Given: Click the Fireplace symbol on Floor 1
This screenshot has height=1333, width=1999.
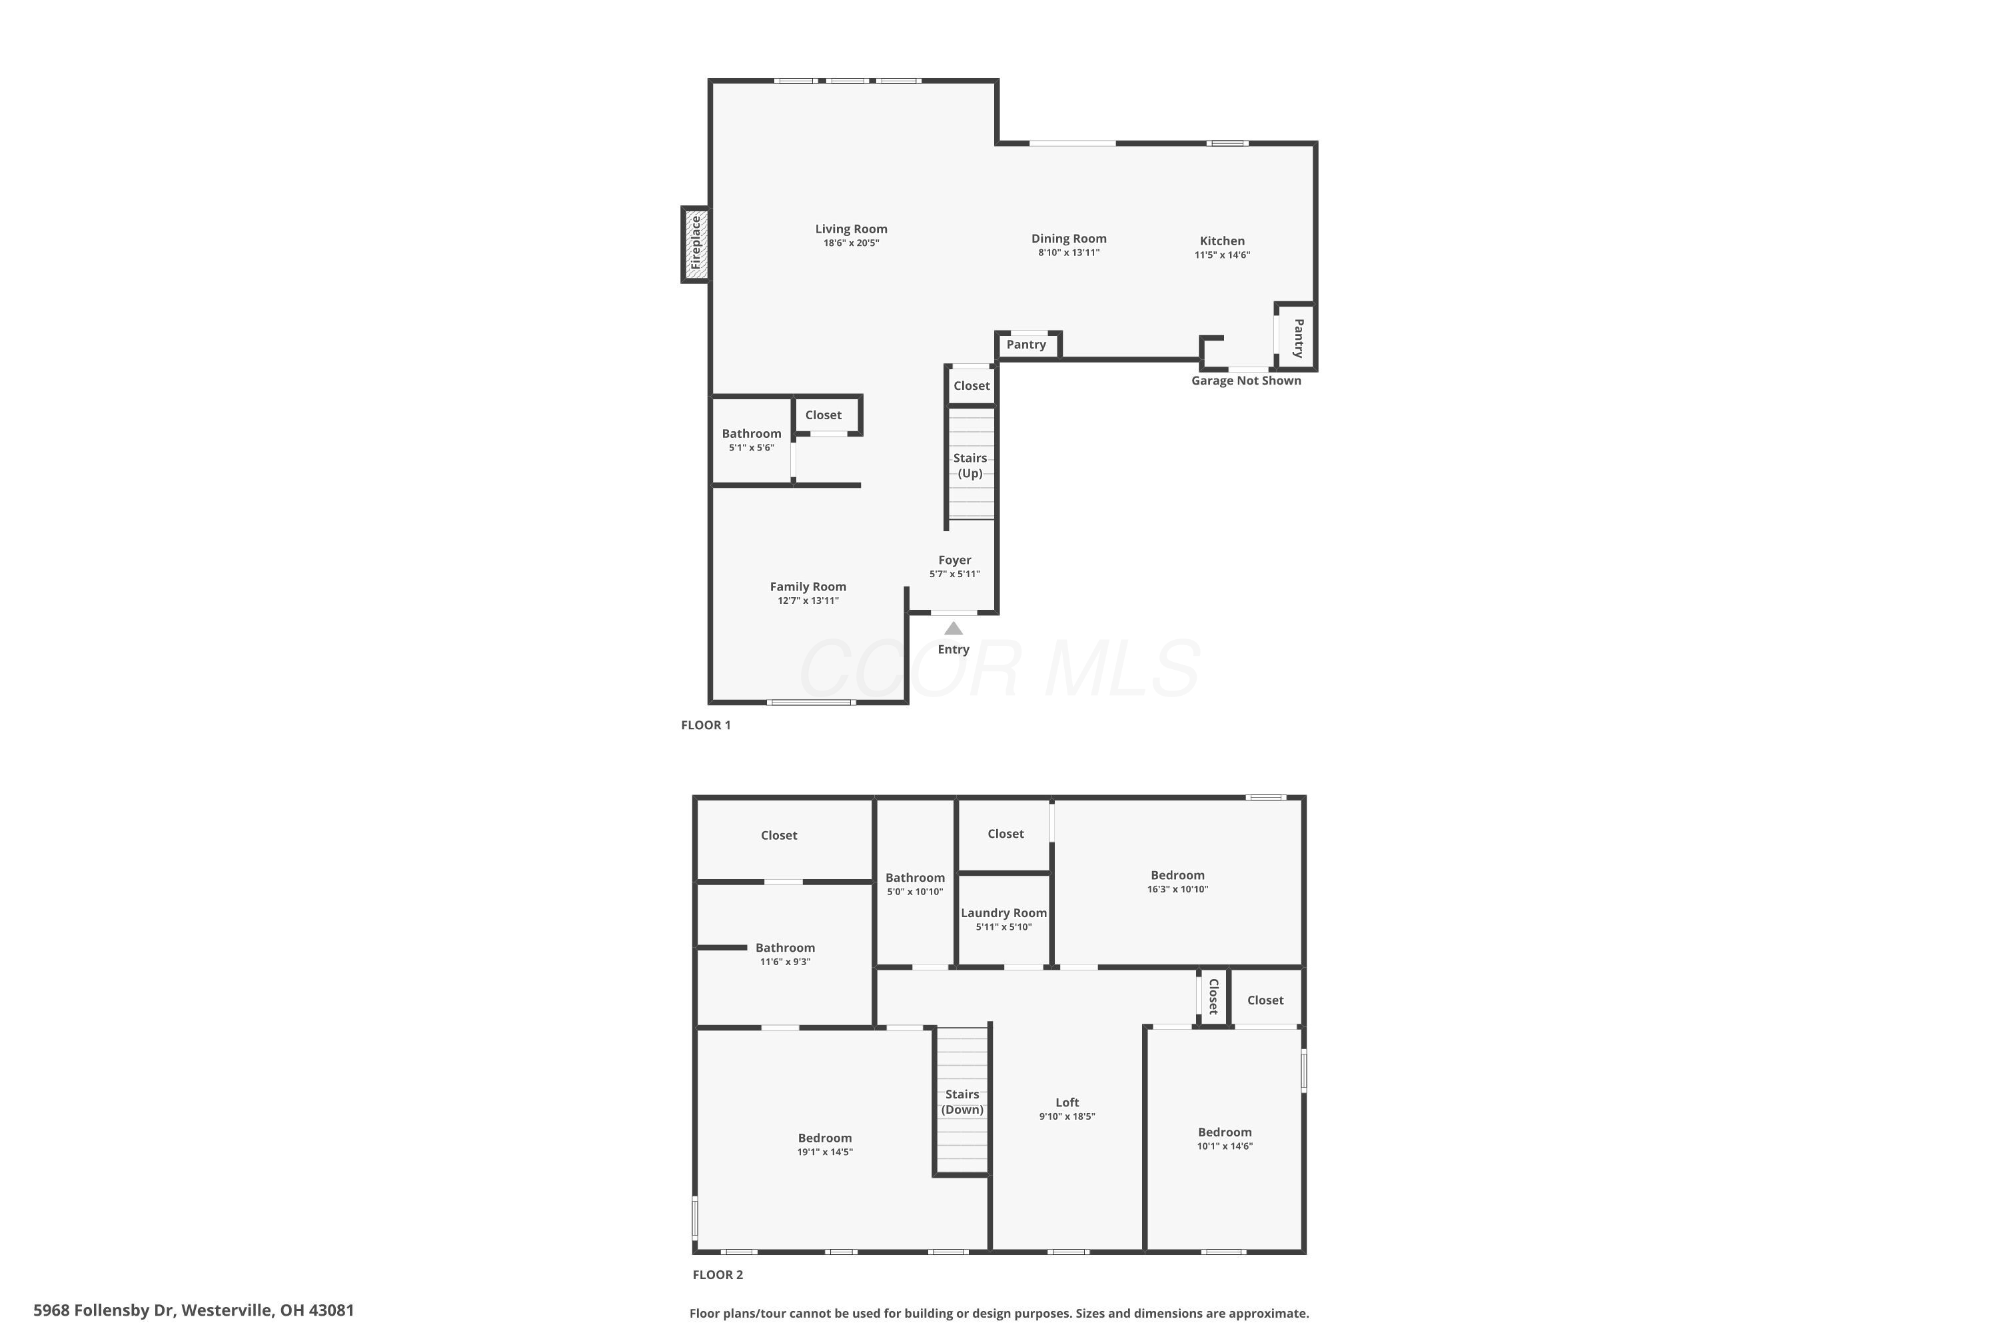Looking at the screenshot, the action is pos(695,244).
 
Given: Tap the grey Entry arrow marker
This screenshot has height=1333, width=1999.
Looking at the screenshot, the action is pos(954,629).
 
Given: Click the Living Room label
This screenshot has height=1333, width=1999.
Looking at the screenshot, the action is pos(851,229).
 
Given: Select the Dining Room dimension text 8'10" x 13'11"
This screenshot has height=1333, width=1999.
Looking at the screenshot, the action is pos(1068,253).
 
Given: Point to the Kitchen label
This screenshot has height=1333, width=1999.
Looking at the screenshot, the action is pos(1222,241).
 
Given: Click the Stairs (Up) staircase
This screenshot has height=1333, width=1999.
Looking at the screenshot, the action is pos(971,463).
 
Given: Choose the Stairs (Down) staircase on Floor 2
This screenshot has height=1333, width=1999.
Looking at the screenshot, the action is pos(963,1101).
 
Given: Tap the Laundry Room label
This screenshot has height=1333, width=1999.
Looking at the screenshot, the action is pos(1003,913).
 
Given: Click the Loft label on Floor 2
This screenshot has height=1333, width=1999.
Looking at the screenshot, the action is pos(1067,1102).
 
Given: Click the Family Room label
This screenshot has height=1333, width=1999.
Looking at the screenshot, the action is pos(808,587).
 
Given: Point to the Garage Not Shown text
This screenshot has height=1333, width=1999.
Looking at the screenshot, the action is pos(1246,381).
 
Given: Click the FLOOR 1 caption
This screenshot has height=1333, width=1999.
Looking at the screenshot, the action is pos(706,725).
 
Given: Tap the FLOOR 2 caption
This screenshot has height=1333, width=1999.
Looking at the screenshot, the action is pos(718,1274).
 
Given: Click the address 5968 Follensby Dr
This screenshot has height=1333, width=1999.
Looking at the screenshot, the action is pos(104,1310).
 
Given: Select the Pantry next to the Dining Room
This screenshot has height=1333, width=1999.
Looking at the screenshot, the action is pos(1027,345).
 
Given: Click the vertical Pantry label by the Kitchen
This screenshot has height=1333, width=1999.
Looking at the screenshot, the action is pos(1299,339).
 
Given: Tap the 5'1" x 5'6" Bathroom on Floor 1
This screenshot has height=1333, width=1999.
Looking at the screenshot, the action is pos(752,439).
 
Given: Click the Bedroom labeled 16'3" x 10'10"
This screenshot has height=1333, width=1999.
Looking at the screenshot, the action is pos(1177,882).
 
